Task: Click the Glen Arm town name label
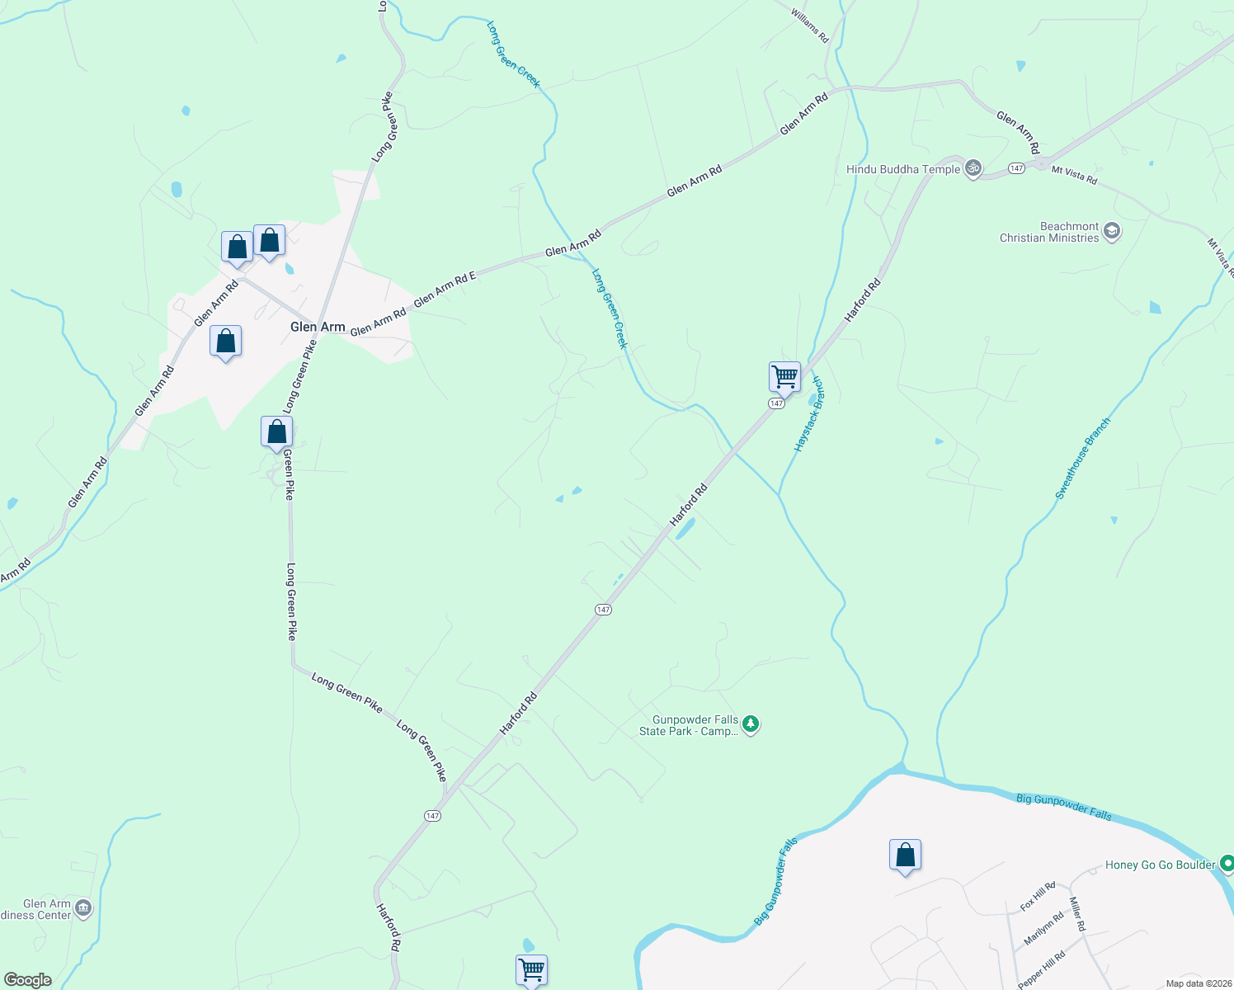pos(318,327)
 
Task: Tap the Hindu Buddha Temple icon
pos(973,168)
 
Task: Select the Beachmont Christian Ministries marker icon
pos(1112,231)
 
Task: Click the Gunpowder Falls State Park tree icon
pos(750,724)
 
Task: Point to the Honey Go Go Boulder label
pos(1160,865)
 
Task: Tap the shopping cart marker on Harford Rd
pos(784,377)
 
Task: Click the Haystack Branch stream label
pos(808,414)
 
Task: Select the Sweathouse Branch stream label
pos(1083,458)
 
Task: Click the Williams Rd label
pos(809,26)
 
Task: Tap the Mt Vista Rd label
pos(1074,175)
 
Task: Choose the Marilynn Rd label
pos(1043,929)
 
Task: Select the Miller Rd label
pos(1076,914)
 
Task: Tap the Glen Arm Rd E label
pos(445,290)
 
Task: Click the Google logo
pos(27,980)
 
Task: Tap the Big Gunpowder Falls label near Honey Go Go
pos(1064,806)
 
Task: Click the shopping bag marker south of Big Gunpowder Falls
pos(905,856)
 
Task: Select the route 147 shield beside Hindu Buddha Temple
pos(1016,168)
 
